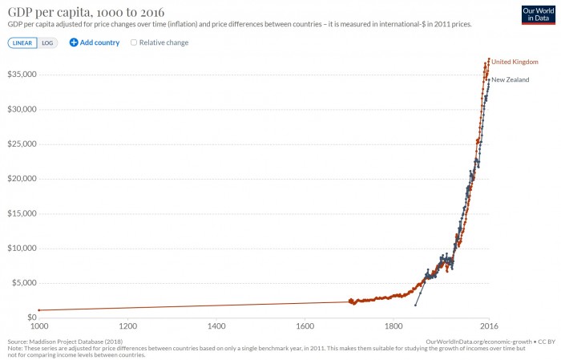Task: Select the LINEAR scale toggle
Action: click(22, 42)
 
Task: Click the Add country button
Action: click(94, 42)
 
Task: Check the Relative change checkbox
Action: click(134, 42)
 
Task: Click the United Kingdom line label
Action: click(515, 62)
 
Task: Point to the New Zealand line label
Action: click(511, 80)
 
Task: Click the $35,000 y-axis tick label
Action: click(22, 75)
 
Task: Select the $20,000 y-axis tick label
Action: click(22, 179)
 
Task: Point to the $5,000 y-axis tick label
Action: click(23, 283)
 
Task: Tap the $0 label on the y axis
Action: click(30, 318)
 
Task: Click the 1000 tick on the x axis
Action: click(38, 326)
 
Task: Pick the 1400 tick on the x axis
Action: click(216, 326)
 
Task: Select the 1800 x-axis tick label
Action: click(393, 326)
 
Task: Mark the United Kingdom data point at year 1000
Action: click(38, 309)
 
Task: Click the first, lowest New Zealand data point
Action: click(415, 305)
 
